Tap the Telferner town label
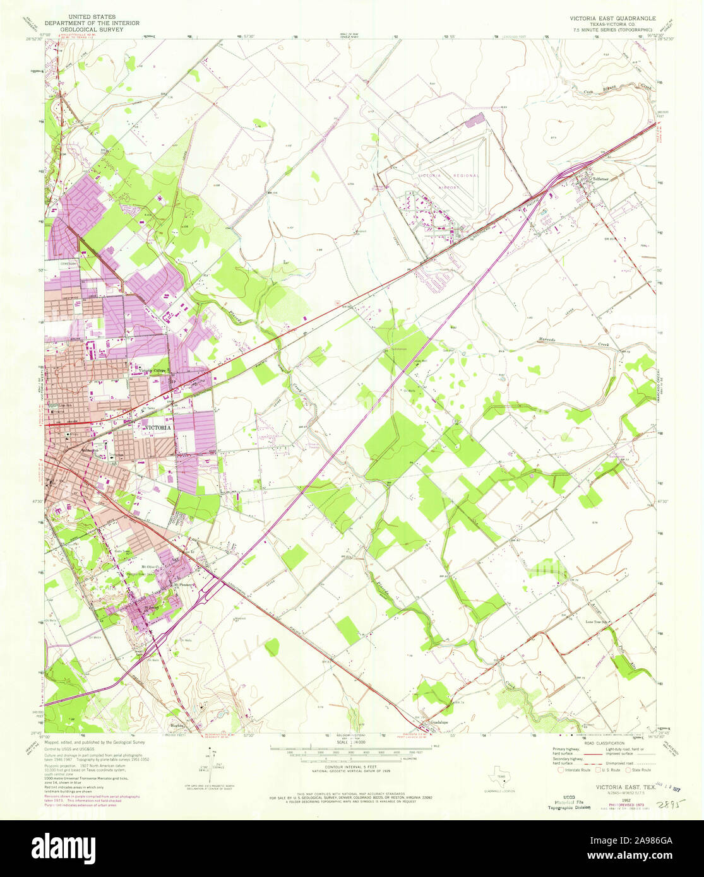pyautogui.click(x=596, y=179)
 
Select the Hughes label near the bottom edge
pyautogui.click(x=177, y=726)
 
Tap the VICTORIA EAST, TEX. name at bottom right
pyautogui.click(x=621, y=788)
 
